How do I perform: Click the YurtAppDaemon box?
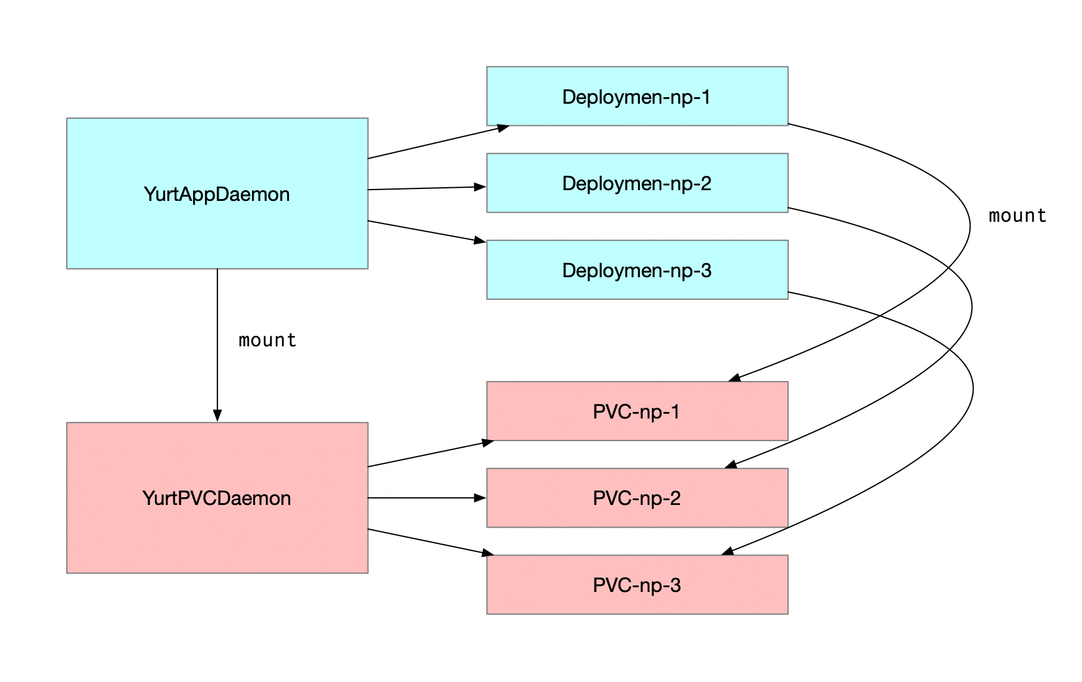(x=217, y=193)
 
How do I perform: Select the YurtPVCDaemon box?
(x=217, y=498)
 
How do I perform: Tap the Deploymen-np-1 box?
(x=637, y=96)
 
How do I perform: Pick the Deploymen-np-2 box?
(x=637, y=183)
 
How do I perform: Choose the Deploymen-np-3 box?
(x=637, y=269)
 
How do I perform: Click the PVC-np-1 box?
(x=637, y=411)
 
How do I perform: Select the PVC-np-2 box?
(x=637, y=498)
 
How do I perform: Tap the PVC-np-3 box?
(x=637, y=584)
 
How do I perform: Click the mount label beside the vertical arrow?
(x=268, y=340)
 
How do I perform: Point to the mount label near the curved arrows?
(x=1017, y=216)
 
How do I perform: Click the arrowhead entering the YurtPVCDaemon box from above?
(x=217, y=416)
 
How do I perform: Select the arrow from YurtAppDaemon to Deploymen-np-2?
(x=426, y=188)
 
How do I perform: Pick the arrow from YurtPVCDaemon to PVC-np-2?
(x=426, y=498)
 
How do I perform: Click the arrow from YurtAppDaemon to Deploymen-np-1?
(x=438, y=142)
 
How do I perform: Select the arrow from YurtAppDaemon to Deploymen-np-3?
(x=426, y=231)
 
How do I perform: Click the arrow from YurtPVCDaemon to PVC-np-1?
(x=429, y=454)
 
